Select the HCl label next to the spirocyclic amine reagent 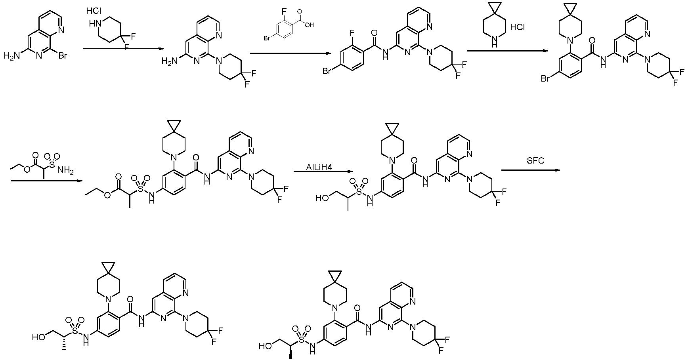click(x=518, y=27)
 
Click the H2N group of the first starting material click(x=11, y=56)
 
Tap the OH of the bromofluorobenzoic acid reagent click(x=309, y=25)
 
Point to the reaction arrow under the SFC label click(x=531, y=170)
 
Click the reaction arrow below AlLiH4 click(x=323, y=171)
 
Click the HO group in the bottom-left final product click(x=38, y=337)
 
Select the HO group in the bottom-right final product click(x=265, y=346)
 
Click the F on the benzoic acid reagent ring click(x=283, y=13)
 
